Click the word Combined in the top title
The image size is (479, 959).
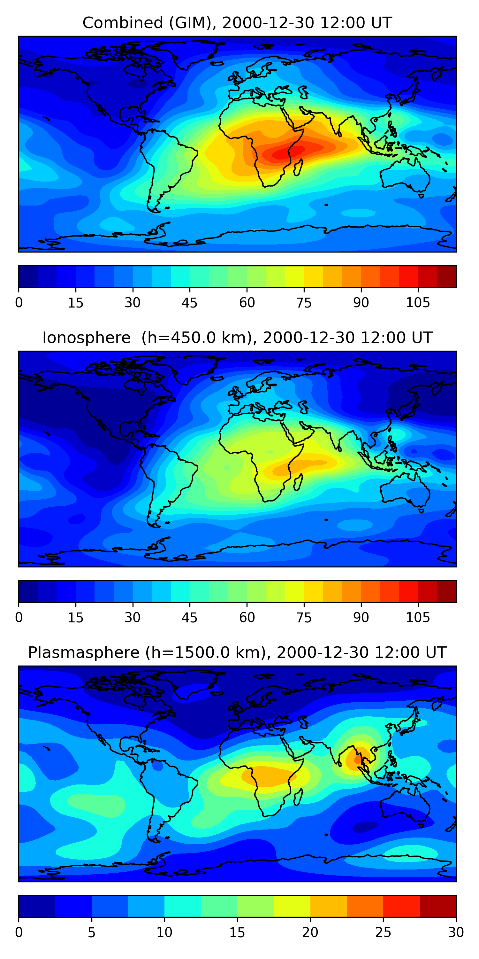coord(123,23)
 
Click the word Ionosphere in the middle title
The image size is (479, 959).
coord(86,338)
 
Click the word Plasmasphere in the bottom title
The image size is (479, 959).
coord(84,653)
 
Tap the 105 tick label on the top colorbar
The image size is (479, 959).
coord(418,303)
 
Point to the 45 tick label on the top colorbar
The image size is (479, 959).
coord(189,303)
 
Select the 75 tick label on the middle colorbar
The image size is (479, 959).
coord(304,618)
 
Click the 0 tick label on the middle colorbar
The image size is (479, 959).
coord(19,618)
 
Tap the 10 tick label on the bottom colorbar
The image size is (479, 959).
coord(164,932)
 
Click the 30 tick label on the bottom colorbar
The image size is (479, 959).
coord(456,932)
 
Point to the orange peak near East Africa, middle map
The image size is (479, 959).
coord(283,470)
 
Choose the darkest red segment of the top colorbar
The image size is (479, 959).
coord(447,277)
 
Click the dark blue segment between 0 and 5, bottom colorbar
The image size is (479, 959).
coord(37,906)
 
